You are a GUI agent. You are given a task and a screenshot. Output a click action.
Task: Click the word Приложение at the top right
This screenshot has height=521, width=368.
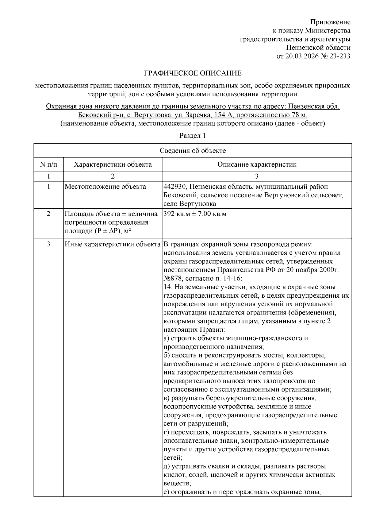[x=330, y=22]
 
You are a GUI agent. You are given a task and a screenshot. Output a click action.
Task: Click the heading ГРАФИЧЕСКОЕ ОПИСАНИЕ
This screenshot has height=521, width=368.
[x=193, y=73]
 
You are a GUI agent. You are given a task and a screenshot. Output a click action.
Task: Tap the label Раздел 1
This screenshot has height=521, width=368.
[x=192, y=135]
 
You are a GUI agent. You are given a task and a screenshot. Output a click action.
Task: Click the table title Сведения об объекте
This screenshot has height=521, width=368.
[x=193, y=150]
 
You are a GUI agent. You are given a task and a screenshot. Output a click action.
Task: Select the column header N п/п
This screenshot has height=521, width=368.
[x=48, y=164]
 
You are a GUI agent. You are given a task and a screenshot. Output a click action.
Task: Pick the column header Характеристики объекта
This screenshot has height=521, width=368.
[x=113, y=164]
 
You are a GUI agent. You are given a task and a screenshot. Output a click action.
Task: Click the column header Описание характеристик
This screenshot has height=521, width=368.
[x=257, y=164]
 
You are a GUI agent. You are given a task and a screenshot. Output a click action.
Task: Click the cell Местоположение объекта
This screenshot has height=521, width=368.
[x=105, y=187]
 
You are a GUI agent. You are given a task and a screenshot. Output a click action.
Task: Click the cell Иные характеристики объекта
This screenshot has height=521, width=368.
[x=113, y=245]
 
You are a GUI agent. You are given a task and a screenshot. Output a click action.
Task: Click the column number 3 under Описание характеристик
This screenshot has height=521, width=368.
[x=257, y=176]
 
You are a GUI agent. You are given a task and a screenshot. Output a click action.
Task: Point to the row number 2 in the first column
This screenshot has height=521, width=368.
[x=48, y=214]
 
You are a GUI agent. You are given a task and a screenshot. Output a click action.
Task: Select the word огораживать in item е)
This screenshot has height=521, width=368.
[x=190, y=492]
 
